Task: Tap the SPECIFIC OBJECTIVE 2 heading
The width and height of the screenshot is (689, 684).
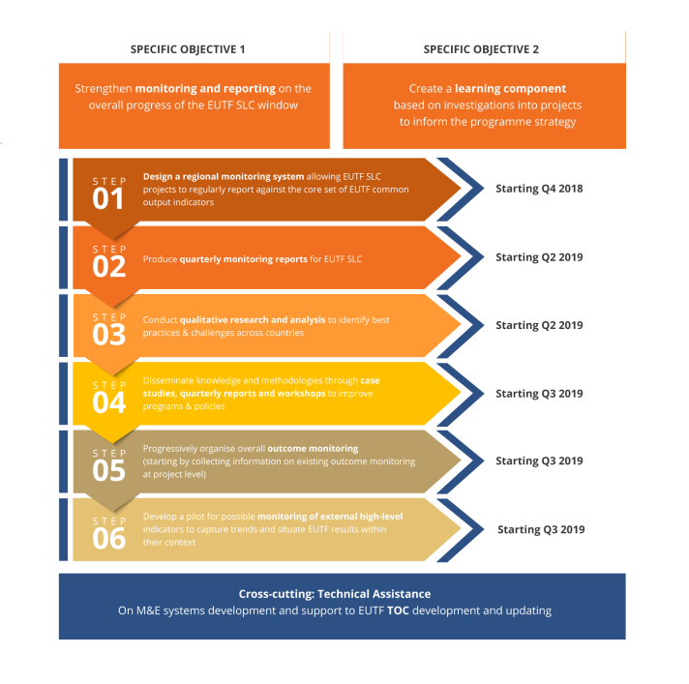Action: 481,49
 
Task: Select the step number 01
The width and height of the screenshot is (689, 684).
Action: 109,198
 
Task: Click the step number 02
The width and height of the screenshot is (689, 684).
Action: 109,266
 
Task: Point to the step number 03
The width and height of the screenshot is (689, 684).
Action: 109,334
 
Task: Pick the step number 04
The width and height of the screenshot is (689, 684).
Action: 109,401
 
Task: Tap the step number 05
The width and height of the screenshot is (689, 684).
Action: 109,470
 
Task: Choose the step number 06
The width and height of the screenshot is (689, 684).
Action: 109,538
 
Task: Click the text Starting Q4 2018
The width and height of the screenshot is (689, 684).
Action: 539,189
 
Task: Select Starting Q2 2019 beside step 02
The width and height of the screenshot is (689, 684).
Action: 539,257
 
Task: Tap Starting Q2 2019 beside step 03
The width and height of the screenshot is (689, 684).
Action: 539,325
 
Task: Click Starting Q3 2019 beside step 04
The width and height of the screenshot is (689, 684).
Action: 539,394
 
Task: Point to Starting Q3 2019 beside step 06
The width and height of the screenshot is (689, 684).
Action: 541,529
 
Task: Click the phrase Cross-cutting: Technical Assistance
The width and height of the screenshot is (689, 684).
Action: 335,594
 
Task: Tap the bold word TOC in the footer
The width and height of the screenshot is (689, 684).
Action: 398,611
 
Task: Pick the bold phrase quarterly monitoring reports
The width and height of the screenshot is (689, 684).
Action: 243,259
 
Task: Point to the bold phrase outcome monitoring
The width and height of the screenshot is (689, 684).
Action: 313,449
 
